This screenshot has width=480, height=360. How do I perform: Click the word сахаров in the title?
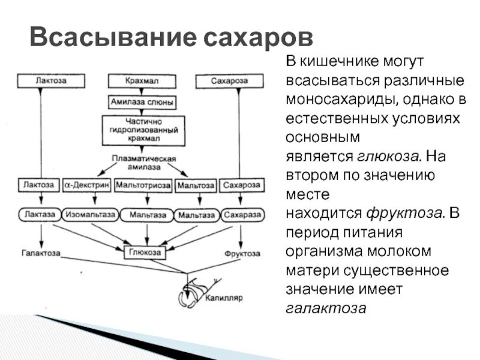point(259,37)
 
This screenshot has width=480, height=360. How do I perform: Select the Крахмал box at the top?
point(142,81)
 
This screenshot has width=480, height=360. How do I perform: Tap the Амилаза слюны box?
point(142,102)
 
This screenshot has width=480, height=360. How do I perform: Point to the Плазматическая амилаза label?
point(143,162)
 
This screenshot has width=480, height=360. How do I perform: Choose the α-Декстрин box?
point(86,185)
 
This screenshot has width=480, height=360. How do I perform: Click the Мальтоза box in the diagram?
point(196,186)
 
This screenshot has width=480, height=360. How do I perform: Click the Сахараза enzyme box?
point(241,214)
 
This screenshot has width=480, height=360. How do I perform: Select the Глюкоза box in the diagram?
point(144,253)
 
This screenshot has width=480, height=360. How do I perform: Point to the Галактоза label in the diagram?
point(40,253)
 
